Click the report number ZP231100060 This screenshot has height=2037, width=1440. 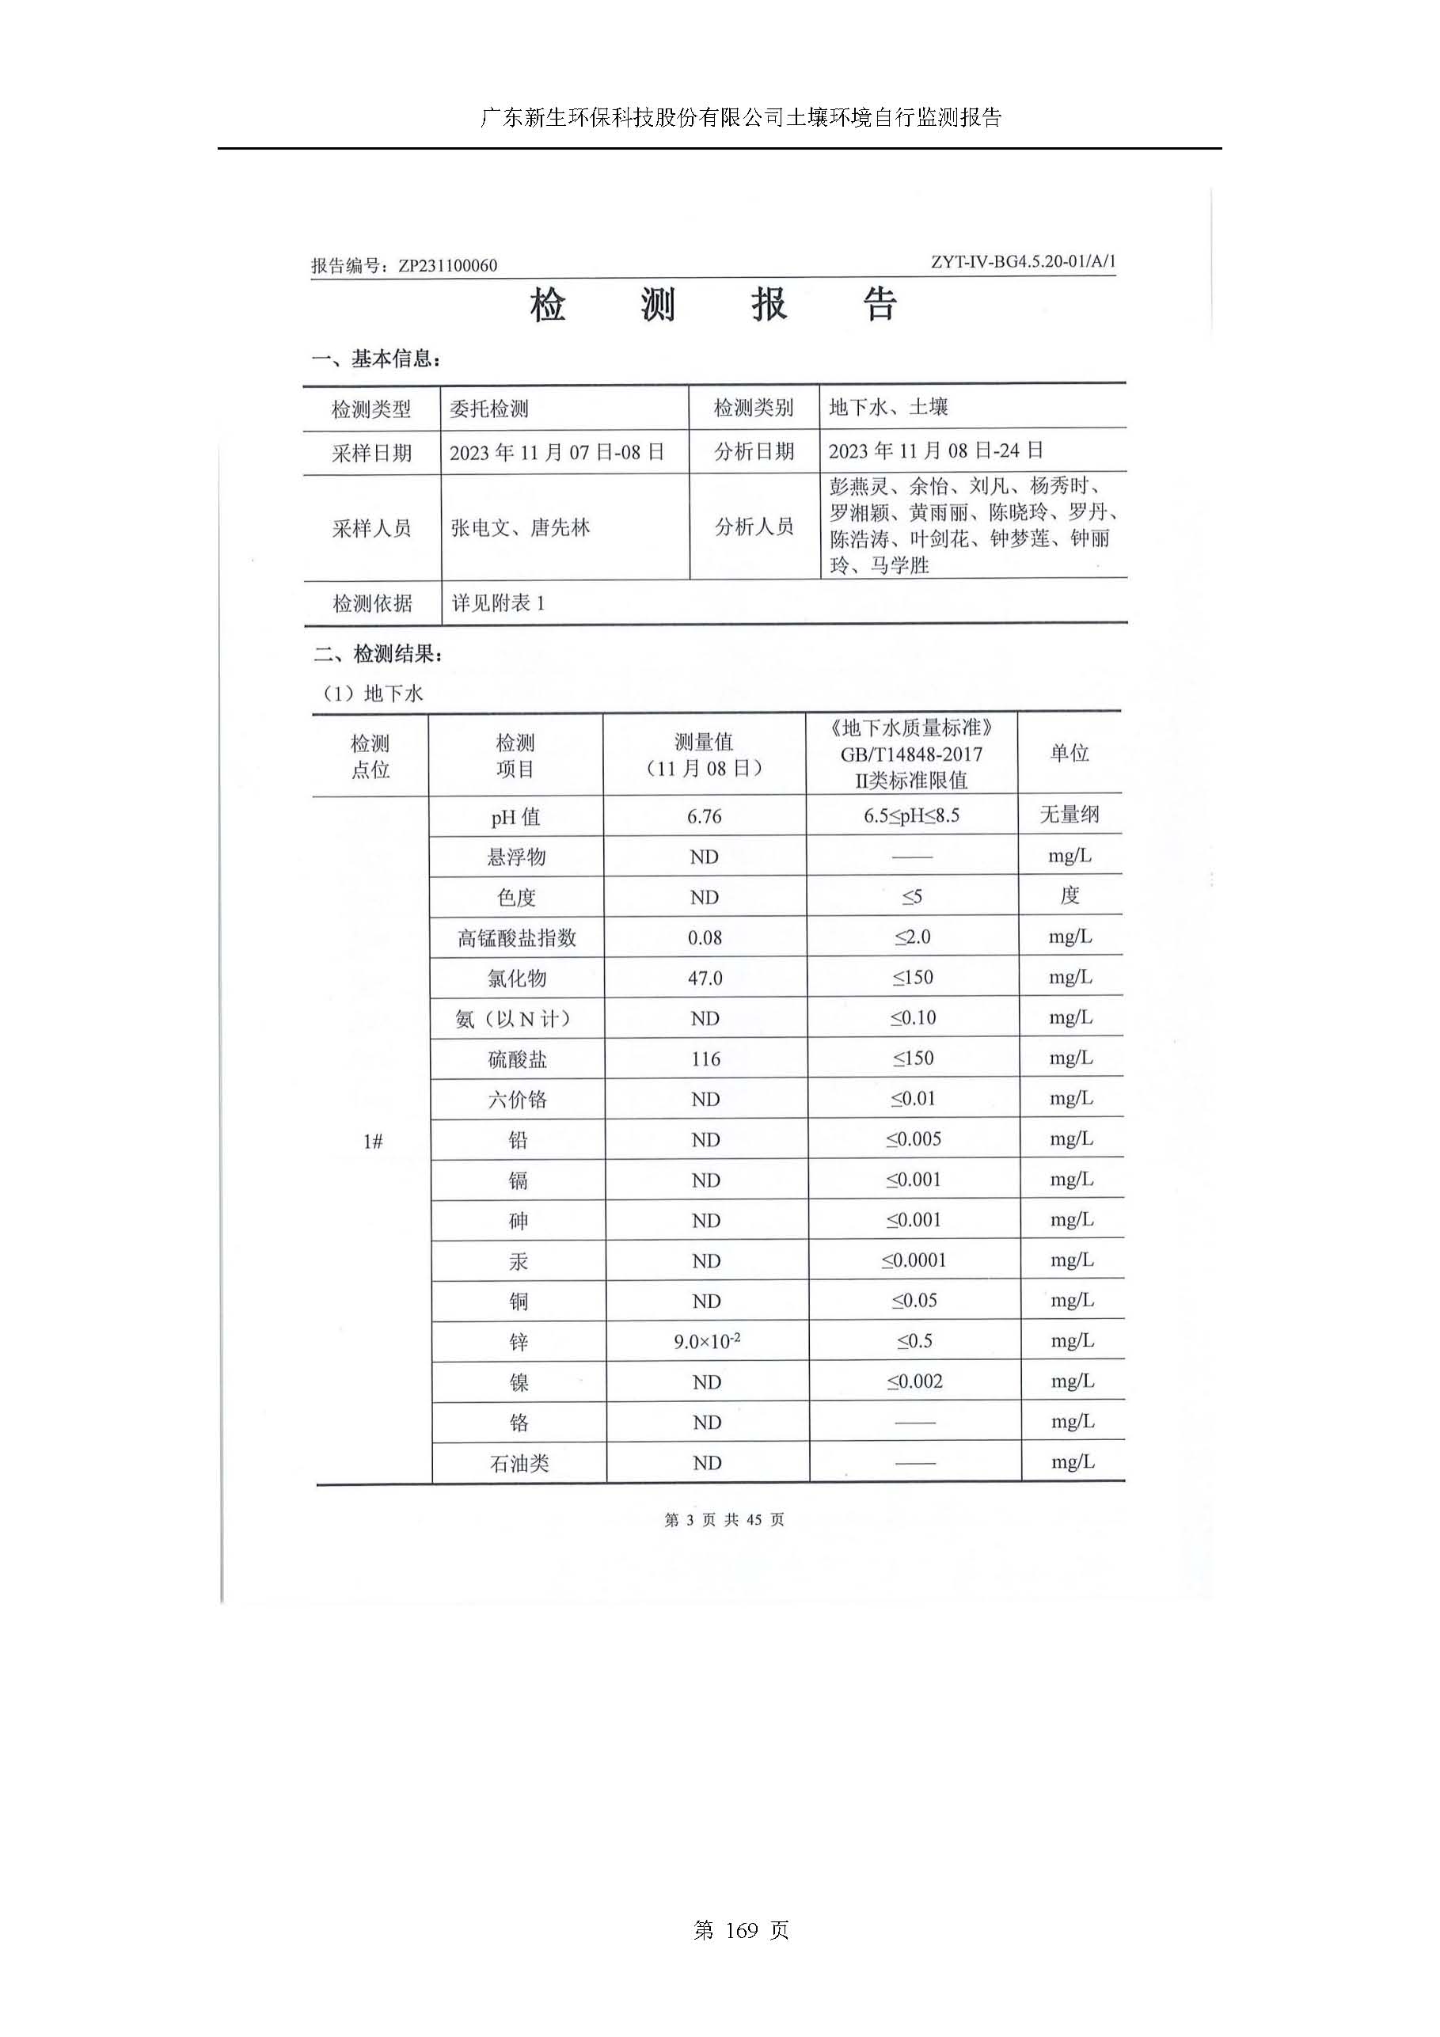pos(447,265)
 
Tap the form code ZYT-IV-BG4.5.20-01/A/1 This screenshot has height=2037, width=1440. pos(1023,262)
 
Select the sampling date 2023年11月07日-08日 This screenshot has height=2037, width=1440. pos(557,453)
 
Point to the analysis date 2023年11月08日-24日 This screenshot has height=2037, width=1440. pos(935,450)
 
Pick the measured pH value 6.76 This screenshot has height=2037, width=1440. pos(705,816)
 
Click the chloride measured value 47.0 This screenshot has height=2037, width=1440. pos(705,978)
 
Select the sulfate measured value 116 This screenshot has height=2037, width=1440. pos(706,1058)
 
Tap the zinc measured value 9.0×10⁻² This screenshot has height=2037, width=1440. pos(707,1340)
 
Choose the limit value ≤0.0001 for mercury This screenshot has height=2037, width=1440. pos(914,1260)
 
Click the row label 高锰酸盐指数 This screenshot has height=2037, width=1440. pos(517,938)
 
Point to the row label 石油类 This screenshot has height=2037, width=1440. pos(520,1463)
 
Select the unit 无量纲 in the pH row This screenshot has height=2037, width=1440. pos(1070,815)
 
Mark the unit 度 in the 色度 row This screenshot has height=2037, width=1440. pos(1070,895)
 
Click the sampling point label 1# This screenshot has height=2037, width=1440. pos(373,1142)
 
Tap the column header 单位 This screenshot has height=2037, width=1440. pos(1070,753)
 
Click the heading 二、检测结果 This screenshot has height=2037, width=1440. pos(378,655)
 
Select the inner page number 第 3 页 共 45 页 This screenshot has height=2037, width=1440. pos(724,1520)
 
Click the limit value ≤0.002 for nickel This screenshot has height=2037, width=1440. pos(915,1381)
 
